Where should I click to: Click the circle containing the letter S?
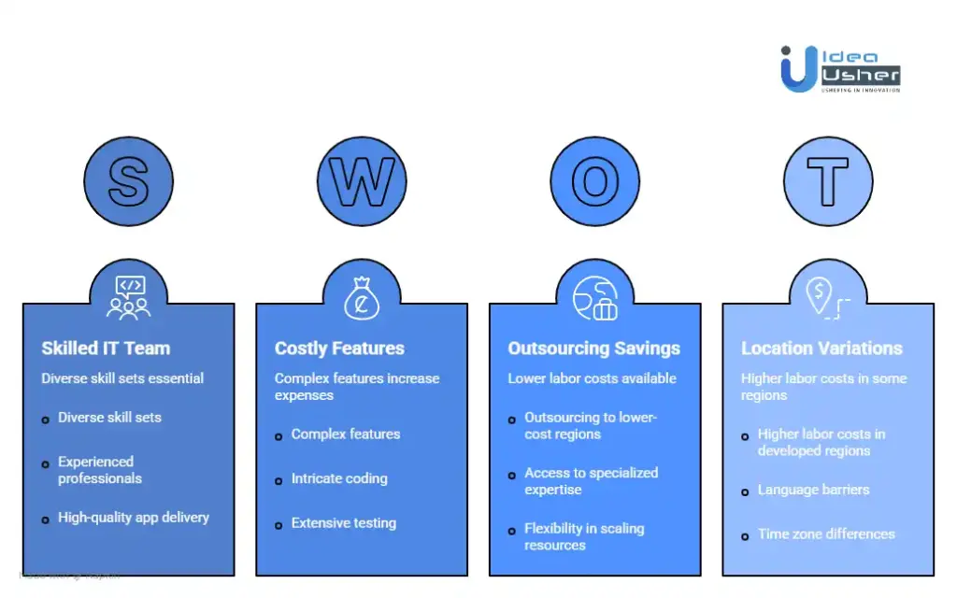(x=128, y=181)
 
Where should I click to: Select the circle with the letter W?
(x=362, y=181)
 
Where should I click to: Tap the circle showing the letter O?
(x=594, y=181)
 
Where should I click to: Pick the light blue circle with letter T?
(x=827, y=181)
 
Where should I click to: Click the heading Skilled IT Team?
(x=106, y=349)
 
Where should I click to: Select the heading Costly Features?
(x=339, y=349)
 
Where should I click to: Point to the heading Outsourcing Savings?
(x=593, y=349)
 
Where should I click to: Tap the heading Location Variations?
(x=821, y=349)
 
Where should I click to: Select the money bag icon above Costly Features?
(x=362, y=297)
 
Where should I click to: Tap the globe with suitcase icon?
(x=594, y=297)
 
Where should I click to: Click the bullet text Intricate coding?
(x=338, y=478)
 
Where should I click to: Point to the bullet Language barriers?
(x=813, y=490)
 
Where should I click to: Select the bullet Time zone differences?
(x=826, y=534)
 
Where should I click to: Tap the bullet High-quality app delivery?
(x=134, y=518)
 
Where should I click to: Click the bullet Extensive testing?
(x=343, y=523)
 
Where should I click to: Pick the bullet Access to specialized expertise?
(x=591, y=481)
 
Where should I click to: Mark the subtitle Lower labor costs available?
(x=592, y=378)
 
